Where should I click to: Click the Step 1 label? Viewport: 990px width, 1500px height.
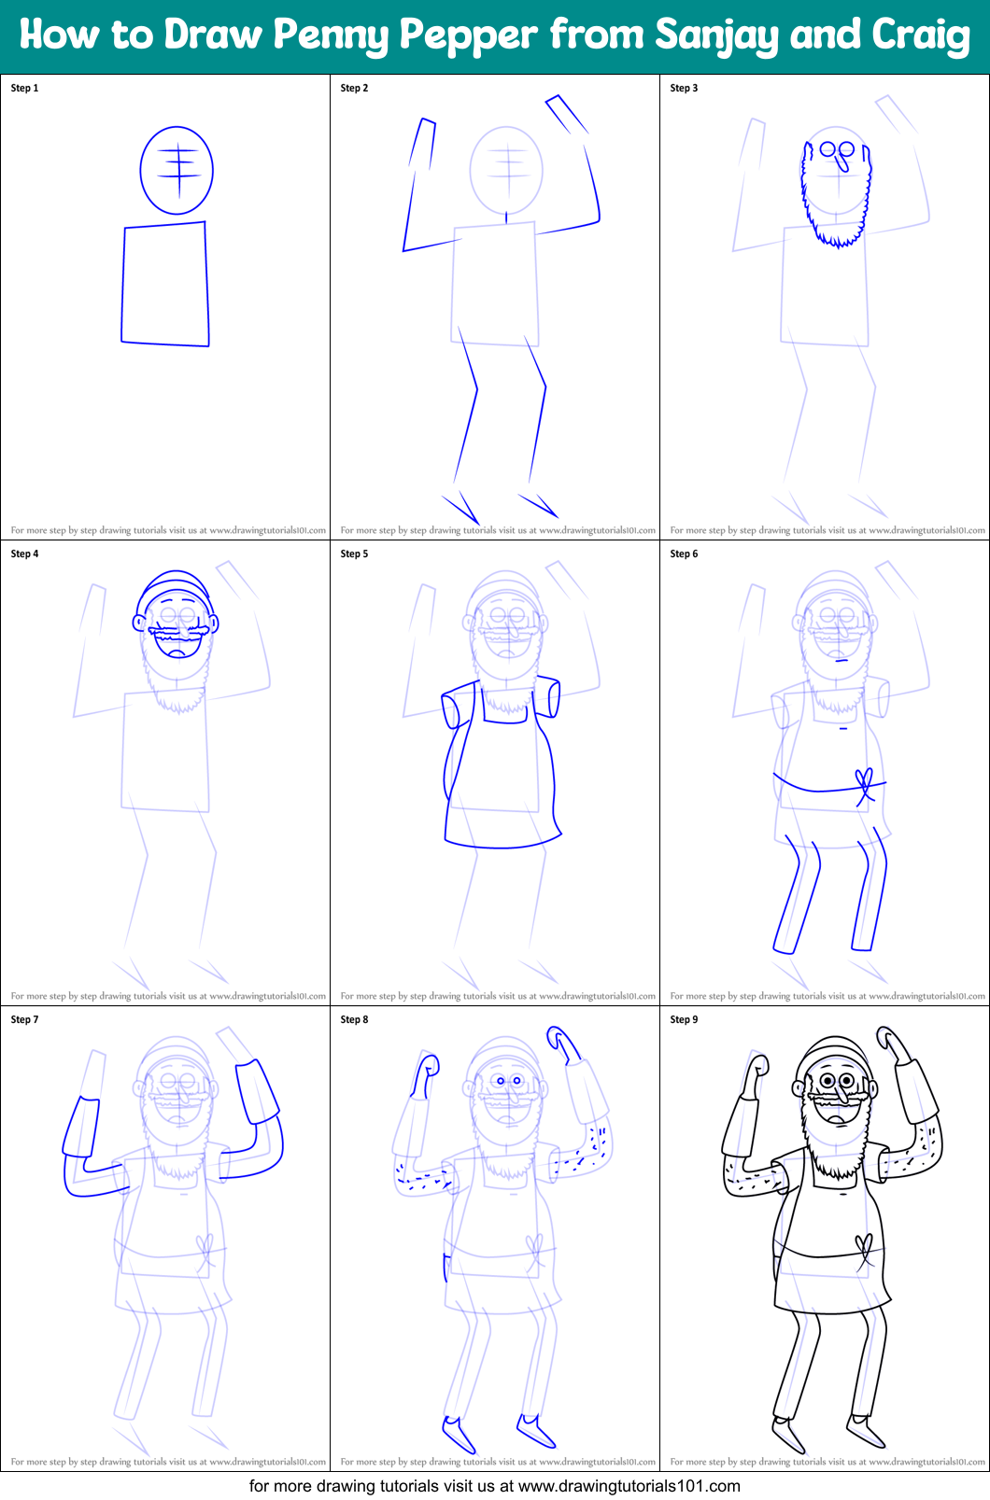[x=24, y=88]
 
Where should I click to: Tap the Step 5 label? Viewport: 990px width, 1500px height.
[x=354, y=554]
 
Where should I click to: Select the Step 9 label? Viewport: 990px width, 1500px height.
[x=684, y=1019]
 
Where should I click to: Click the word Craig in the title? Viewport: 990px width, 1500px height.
[x=920, y=35]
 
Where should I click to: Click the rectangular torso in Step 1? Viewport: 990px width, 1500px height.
[x=165, y=285]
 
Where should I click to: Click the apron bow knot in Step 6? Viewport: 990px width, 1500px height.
[x=865, y=785]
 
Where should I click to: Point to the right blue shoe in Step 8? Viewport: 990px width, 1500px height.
[x=535, y=1431]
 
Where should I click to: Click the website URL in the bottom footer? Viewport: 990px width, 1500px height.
[x=629, y=1486]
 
